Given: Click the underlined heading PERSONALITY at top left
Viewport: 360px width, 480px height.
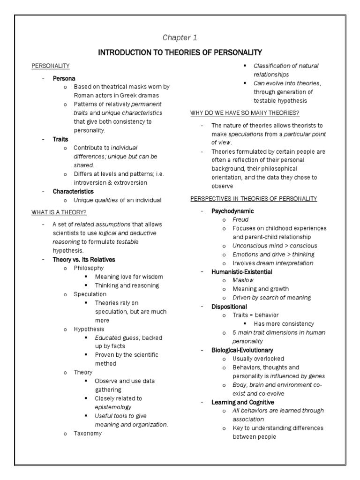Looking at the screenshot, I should click(51, 66).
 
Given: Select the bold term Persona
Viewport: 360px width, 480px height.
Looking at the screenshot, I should click(64, 78).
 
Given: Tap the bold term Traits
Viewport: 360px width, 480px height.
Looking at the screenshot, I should click(60, 139).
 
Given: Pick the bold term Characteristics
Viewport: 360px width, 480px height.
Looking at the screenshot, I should click(73, 191).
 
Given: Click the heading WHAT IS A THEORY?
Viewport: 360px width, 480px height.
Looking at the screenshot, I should click(59, 212).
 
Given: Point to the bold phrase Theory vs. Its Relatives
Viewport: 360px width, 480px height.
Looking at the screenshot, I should click(83, 259).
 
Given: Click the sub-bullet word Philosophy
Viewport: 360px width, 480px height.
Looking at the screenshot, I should click(89, 268).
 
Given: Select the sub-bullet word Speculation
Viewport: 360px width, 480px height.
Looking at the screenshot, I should click(90, 294).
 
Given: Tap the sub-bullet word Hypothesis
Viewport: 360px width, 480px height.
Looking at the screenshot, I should click(89, 329).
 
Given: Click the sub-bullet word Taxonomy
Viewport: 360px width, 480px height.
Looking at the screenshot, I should click(87, 434).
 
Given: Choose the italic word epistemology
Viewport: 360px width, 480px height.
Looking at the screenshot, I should click(113, 407).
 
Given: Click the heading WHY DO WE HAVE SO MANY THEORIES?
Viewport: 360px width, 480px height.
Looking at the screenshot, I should click(245, 113).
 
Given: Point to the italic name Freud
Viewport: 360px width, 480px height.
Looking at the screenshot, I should click(240, 219).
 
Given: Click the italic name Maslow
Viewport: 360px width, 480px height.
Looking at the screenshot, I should click(243, 280).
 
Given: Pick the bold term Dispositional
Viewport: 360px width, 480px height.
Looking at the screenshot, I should click(229, 307).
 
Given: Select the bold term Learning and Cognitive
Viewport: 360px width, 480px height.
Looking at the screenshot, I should click(243, 402).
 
